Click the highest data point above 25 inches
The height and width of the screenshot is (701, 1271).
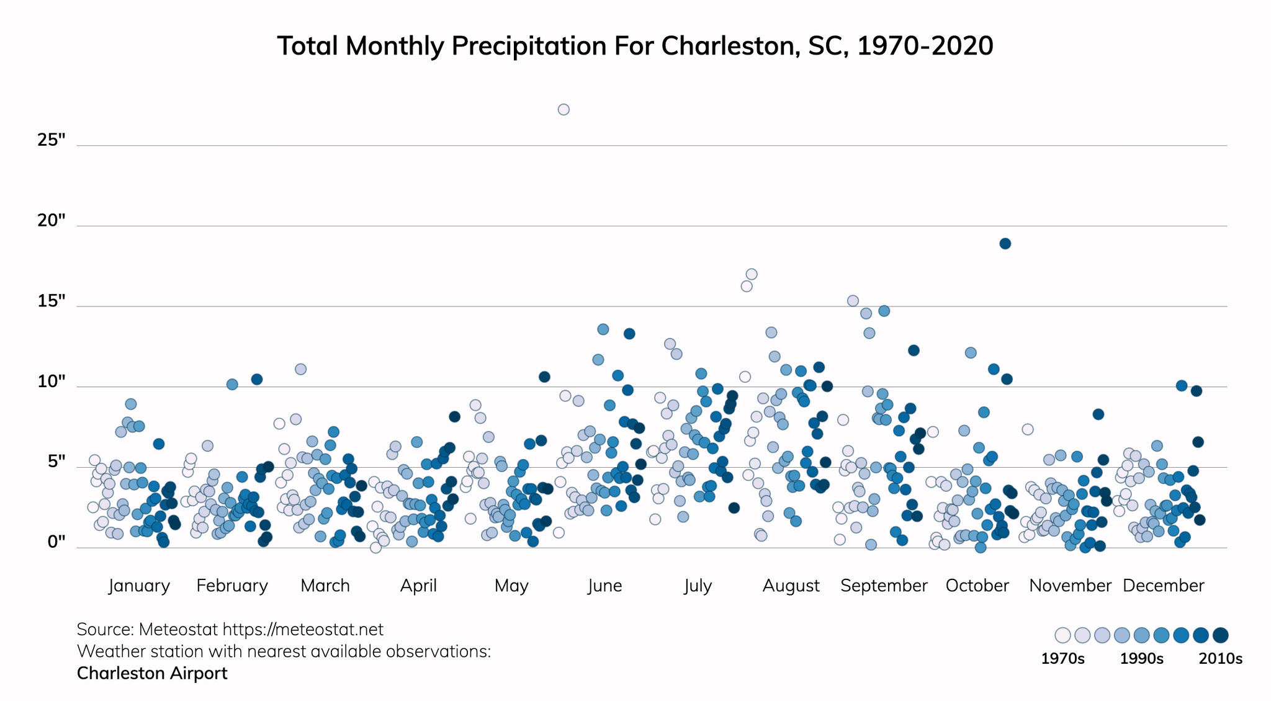tap(564, 110)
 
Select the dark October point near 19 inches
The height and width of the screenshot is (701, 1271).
tap(1005, 244)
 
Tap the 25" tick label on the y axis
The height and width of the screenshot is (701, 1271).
tap(52, 140)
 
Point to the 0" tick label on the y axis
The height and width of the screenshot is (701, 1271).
tap(56, 543)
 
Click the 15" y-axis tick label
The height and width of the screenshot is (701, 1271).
tap(52, 301)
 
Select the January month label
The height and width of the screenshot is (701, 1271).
tap(139, 586)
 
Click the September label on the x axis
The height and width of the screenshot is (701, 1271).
tap(884, 586)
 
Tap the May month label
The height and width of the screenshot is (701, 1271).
tap(511, 586)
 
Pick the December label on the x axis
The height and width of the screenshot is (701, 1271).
tap(1163, 586)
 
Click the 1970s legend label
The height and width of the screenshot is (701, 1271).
tap(1062, 659)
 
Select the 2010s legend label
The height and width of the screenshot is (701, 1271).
tap(1220, 659)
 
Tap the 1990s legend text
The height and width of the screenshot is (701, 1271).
tap(1141, 659)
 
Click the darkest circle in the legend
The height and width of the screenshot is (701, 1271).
tap(1221, 635)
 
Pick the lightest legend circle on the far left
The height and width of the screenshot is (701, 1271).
tap(1062, 635)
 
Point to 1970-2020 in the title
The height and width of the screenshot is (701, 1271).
tap(925, 47)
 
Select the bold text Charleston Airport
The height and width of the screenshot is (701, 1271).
tap(152, 674)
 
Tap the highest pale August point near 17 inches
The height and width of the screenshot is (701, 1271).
tap(752, 274)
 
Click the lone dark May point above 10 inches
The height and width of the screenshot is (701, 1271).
tap(544, 377)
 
